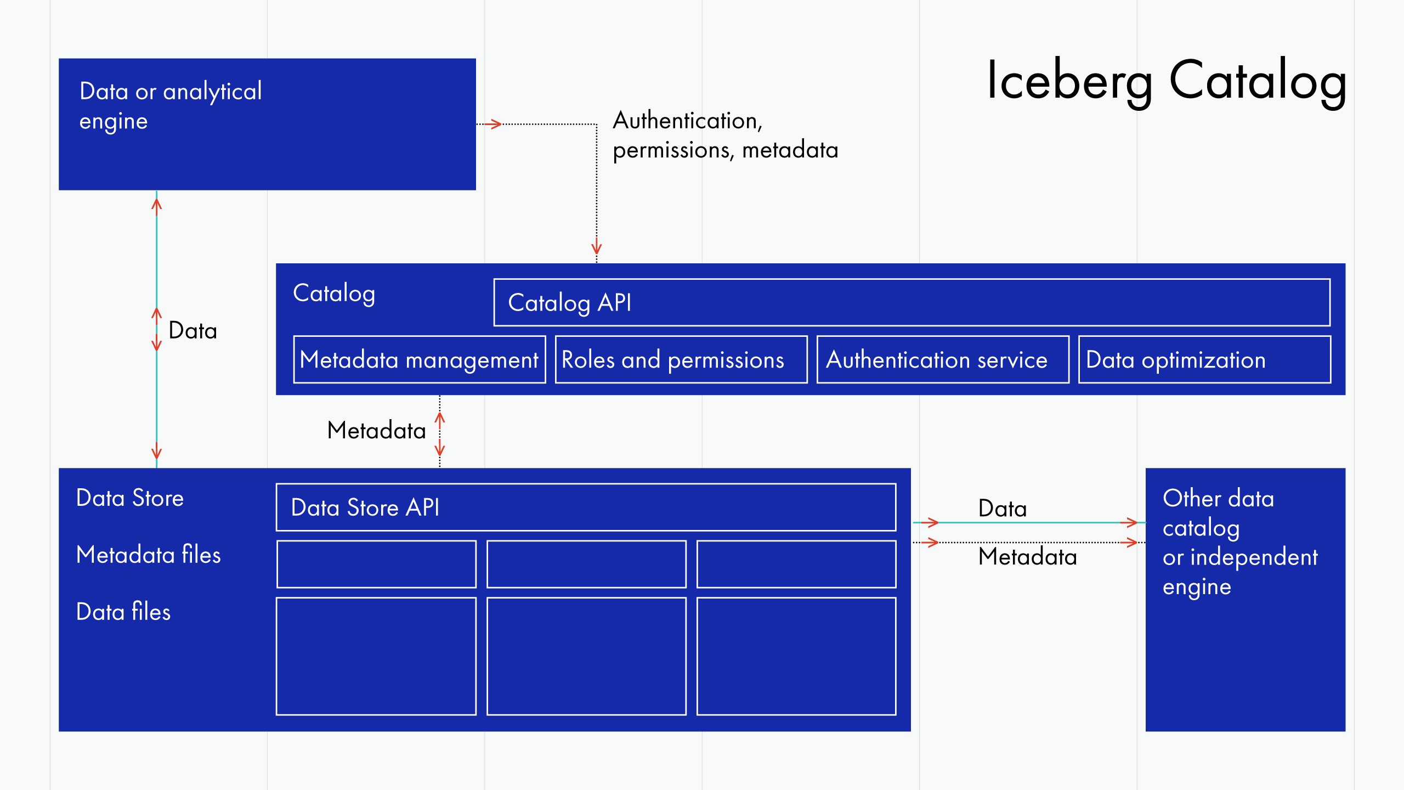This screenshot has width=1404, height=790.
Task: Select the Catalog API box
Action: tap(912, 302)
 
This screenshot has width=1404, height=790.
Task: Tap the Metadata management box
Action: tap(420, 359)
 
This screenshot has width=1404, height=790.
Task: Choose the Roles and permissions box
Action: tap(681, 359)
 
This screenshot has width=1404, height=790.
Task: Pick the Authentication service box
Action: tap(943, 359)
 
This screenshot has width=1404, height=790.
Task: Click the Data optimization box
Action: tap(1204, 359)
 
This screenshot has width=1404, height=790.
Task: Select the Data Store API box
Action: tap(586, 507)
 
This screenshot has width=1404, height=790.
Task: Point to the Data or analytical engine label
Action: tap(171, 106)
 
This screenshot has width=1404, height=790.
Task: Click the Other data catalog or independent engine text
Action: tap(1239, 542)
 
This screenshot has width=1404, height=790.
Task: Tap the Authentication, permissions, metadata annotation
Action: tap(725, 135)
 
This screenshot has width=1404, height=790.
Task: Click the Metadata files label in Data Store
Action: tap(148, 555)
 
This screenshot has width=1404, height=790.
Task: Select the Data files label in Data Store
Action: tap(123, 612)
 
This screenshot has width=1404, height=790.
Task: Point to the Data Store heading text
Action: tap(130, 498)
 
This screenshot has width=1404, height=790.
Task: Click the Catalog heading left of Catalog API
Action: tap(334, 294)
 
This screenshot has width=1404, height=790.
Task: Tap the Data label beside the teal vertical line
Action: tap(193, 331)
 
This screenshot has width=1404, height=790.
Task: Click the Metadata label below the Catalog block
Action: tap(376, 431)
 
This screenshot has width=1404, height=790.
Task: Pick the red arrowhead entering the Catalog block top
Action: tap(597, 249)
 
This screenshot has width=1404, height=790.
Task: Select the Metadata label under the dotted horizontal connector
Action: tap(1027, 557)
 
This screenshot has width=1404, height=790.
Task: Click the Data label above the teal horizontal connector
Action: tap(1002, 509)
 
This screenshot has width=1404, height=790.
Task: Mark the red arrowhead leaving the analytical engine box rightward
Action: tap(495, 124)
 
